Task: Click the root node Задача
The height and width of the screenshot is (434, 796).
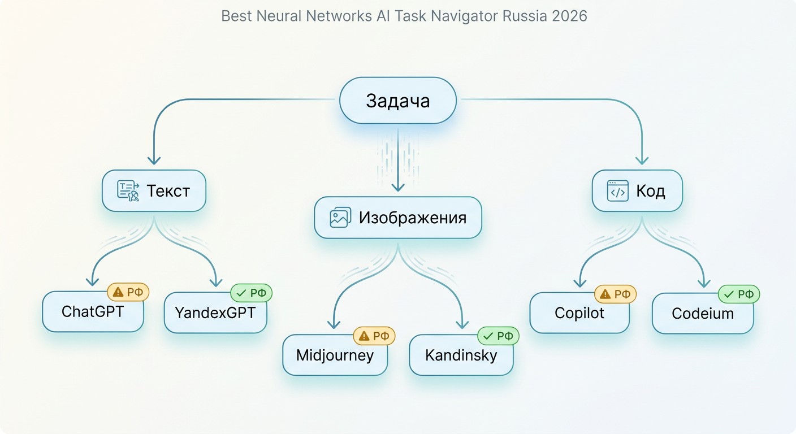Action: point(397,101)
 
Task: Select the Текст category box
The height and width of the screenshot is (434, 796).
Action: point(154,190)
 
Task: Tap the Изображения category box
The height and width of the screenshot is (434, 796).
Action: point(398,218)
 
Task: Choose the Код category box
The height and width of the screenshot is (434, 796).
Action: point(637,190)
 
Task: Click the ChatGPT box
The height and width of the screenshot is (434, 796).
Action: point(93,312)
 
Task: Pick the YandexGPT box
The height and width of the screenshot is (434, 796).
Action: point(215,313)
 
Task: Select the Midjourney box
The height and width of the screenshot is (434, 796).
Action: point(335,355)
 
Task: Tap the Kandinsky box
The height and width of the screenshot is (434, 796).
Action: point(461,355)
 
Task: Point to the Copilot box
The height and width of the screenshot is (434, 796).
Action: point(579,313)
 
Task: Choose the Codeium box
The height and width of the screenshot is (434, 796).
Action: point(703,313)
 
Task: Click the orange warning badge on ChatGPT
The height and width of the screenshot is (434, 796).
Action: point(128,292)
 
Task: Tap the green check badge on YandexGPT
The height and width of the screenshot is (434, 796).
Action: point(251,293)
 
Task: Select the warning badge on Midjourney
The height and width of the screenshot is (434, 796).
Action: point(374,336)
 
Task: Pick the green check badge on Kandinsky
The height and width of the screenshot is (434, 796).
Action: point(498,336)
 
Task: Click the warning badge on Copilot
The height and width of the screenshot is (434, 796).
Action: point(615,294)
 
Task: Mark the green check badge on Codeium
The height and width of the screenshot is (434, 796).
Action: point(739,294)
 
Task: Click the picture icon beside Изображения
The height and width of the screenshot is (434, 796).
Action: point(340,218)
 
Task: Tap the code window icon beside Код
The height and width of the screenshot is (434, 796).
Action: point(617,190)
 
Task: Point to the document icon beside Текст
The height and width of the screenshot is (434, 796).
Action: point(128,190)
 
